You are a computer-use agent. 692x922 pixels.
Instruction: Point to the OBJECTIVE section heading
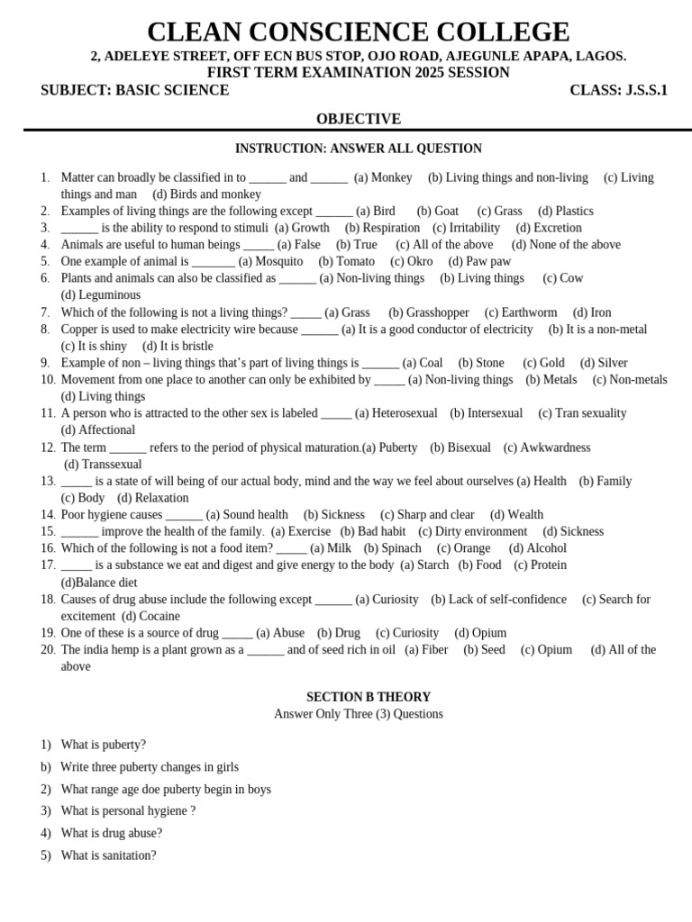pyautogui.click(x=358, y=119)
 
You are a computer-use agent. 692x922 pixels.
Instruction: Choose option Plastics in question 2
pyautogui.click(x=574, y=211)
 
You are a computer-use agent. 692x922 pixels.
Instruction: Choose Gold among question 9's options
pyautogui.click(x=551, y=363)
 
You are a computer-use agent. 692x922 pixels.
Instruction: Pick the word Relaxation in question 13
pyautogui.click(x=161, y=498)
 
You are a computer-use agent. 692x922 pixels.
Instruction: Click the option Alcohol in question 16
pyautogui.click(x=546, y=548)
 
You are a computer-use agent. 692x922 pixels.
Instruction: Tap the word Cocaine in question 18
pyautogui.click(x=159, y=616)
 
